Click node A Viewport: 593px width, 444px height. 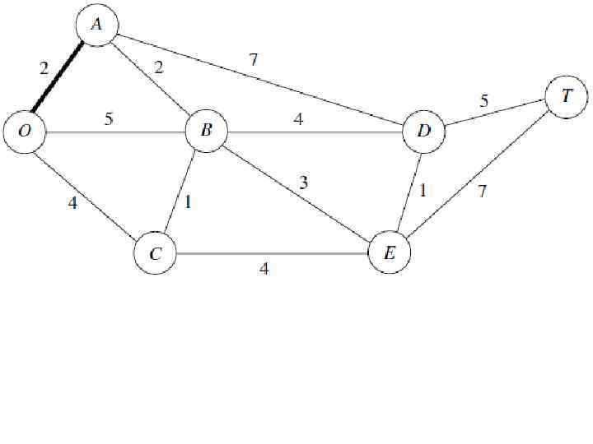coord(96,25)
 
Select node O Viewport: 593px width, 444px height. coord(24,132)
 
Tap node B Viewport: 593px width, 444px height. coord(206,130)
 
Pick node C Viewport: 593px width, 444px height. coord(156,253)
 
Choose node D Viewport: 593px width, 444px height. coord(424,131)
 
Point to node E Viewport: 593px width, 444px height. coord(390,253)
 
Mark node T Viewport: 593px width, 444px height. coord(566,95)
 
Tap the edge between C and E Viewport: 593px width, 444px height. coord(272,253)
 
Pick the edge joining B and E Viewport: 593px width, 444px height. coord(296,191)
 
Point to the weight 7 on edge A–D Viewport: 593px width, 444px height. coord(254,58)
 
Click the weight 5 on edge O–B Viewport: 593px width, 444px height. coord(109,118)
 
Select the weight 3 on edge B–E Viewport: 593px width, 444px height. coord(304,183)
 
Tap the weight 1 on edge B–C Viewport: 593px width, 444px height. coord(188,201)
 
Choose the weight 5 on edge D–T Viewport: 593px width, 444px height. coord(484,101)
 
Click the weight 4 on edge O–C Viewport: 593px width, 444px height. coord(72,202)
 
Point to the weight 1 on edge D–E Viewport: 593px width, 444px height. coord(423,191)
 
